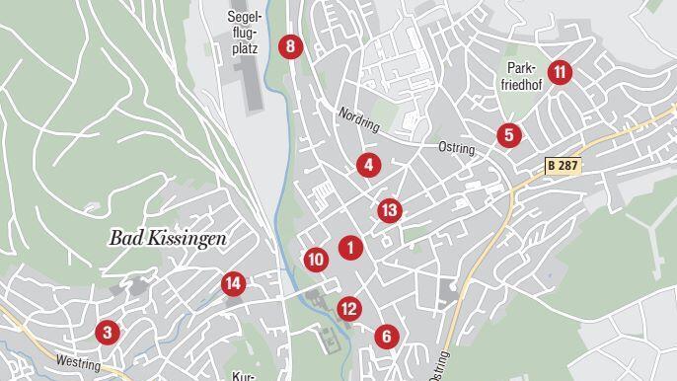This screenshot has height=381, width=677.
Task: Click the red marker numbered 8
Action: click(289, 46)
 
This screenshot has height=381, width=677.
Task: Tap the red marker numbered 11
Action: click(560, 71)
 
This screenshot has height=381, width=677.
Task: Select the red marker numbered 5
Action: click(507, 135)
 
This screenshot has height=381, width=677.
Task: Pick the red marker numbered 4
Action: click(368, 165)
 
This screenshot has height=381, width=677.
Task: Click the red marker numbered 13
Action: click(389, 210)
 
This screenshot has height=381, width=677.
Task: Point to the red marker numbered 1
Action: click(349, 247)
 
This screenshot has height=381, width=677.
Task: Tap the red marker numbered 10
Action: click(316, 260)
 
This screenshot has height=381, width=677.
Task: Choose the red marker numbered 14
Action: click(233, 284)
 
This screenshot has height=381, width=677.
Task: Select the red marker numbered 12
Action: click(348, 309)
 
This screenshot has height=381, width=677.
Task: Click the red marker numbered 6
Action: click(386, 337)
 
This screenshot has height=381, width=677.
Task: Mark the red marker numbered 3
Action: click(108, 333)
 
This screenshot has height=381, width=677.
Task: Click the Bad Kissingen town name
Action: click(168, 238)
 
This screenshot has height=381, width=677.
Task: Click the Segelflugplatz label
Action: click(244, 32)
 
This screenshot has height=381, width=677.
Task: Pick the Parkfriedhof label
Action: click(523, 77)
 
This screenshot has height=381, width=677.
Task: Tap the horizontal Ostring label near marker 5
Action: click(457, 149)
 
